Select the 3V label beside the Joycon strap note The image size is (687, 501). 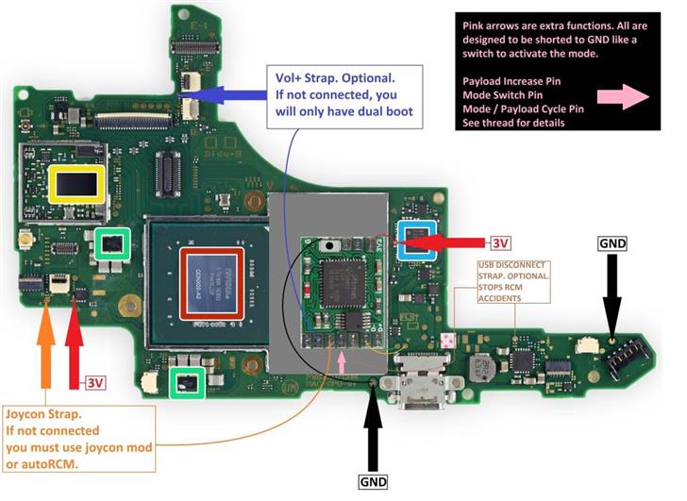pos(95,383)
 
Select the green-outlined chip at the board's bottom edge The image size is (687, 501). pos(189,382)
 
